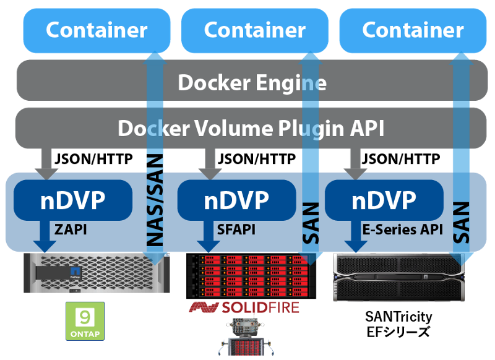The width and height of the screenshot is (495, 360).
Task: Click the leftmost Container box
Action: click(97, 30)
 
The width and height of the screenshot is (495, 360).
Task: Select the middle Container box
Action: click(254, 30)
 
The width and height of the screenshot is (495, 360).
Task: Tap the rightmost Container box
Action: click(413, 30)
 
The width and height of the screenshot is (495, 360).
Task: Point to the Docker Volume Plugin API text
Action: click(251, 129)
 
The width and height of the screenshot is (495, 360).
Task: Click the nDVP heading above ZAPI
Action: click(72, 200)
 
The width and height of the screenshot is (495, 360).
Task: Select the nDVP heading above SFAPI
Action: click(236, 200)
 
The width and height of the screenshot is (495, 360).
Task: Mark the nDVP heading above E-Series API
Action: click(384, 200)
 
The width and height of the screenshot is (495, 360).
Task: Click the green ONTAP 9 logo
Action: click(85, 321)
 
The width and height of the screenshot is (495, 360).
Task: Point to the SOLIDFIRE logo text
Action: click(244, 307)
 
